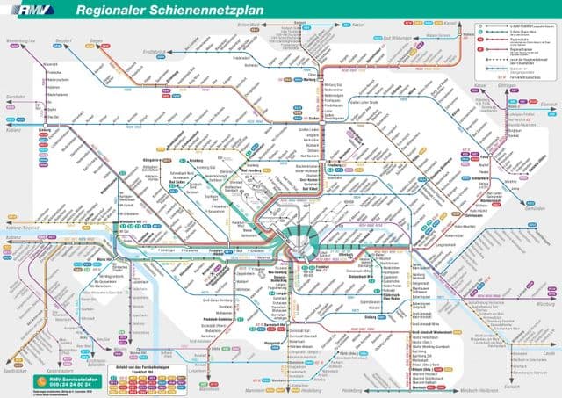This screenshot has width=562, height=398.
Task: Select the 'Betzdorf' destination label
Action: point(61,40)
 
